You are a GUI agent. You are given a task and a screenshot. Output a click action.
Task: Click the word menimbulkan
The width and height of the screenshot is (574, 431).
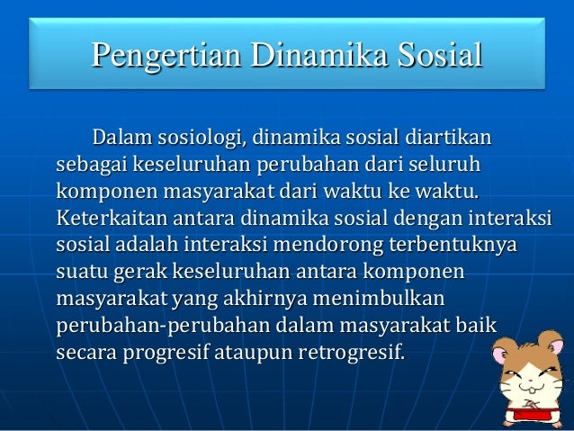point(396,296)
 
